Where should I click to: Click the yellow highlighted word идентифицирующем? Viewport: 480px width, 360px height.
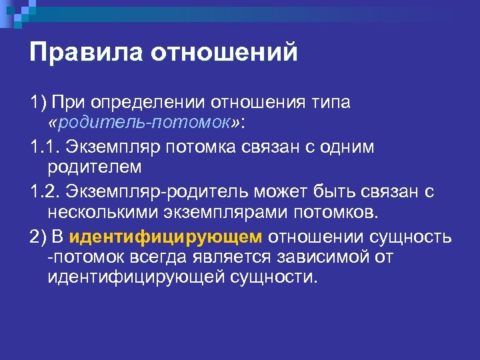166,237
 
